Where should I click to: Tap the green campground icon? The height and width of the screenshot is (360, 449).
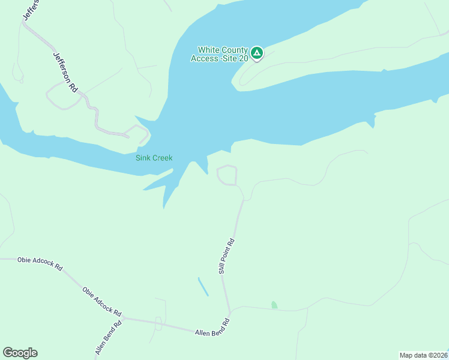tap(257, 53)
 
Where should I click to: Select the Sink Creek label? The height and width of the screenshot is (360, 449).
tap(154, 158)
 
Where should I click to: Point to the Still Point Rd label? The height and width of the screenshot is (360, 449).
tap(226, 256)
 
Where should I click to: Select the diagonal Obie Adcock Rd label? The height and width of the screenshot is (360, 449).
tap(101, 302)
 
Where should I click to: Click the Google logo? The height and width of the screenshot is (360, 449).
tap(20, 353)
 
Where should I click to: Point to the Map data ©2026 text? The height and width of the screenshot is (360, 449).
tap(423, 355)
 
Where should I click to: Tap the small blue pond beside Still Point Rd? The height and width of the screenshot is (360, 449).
tap(203, 286)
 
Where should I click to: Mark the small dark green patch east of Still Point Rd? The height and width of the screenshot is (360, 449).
tap(274, 305)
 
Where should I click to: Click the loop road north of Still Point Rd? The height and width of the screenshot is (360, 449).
tap(226, 175)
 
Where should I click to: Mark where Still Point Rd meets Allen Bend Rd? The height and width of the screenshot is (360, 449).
tap(229, 313)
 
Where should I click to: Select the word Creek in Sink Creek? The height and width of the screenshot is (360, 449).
tap(162, 158)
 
